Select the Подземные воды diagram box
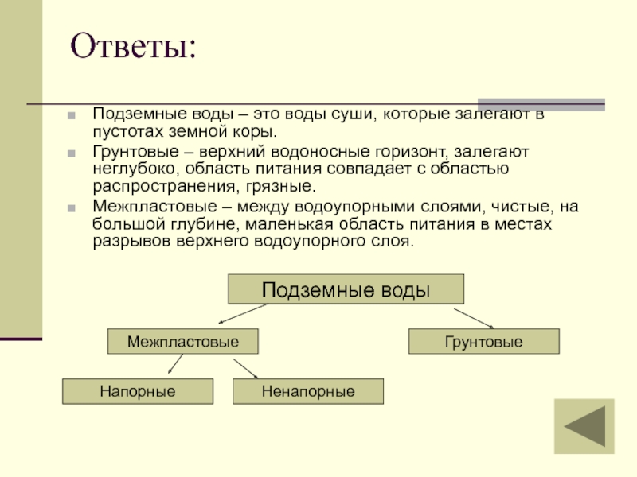346,289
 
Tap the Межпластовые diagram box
184,342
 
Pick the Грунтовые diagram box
483,342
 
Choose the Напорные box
138,391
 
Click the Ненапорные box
307,391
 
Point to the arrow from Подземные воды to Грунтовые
479,316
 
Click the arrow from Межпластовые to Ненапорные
245,366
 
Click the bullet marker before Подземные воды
72,115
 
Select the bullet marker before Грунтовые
72,151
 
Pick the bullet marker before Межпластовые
72,207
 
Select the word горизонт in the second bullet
393,151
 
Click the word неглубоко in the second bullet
133,169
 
